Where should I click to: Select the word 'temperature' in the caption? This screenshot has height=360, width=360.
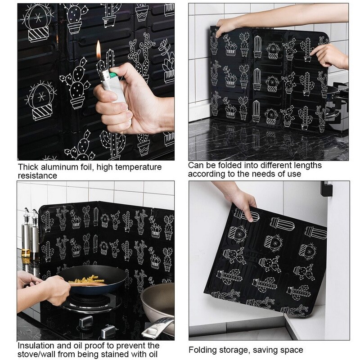(x=139, y=167)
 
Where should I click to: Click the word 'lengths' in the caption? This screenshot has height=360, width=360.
(x=307, y=165)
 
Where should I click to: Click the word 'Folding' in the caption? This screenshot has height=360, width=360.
(x=202, y=350)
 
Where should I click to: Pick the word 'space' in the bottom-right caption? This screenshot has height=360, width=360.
(x=292, y=350)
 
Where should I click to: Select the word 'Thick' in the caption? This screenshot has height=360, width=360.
(x=28, y=167)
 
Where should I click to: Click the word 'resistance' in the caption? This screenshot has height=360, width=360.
(x=37, y=175)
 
